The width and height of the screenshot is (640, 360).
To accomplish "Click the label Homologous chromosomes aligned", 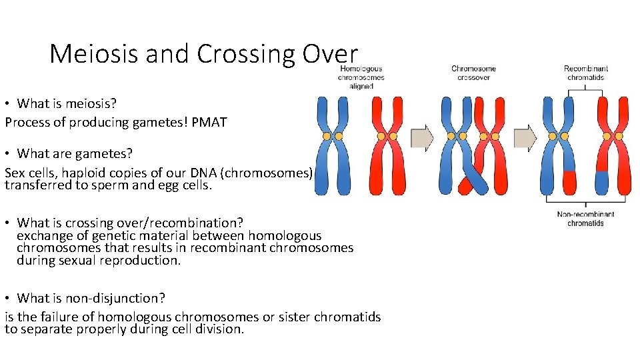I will [x=361, y=77].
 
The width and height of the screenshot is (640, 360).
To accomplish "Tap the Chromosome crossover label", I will [x=473, y=73].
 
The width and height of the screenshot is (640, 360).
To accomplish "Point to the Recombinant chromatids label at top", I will [x=585, y=73].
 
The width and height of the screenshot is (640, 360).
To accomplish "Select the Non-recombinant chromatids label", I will [x=585, y=218].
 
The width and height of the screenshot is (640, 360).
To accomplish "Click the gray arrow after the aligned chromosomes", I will [x=422, y=138].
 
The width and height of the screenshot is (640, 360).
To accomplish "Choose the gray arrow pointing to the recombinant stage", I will [x=525, y=138].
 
